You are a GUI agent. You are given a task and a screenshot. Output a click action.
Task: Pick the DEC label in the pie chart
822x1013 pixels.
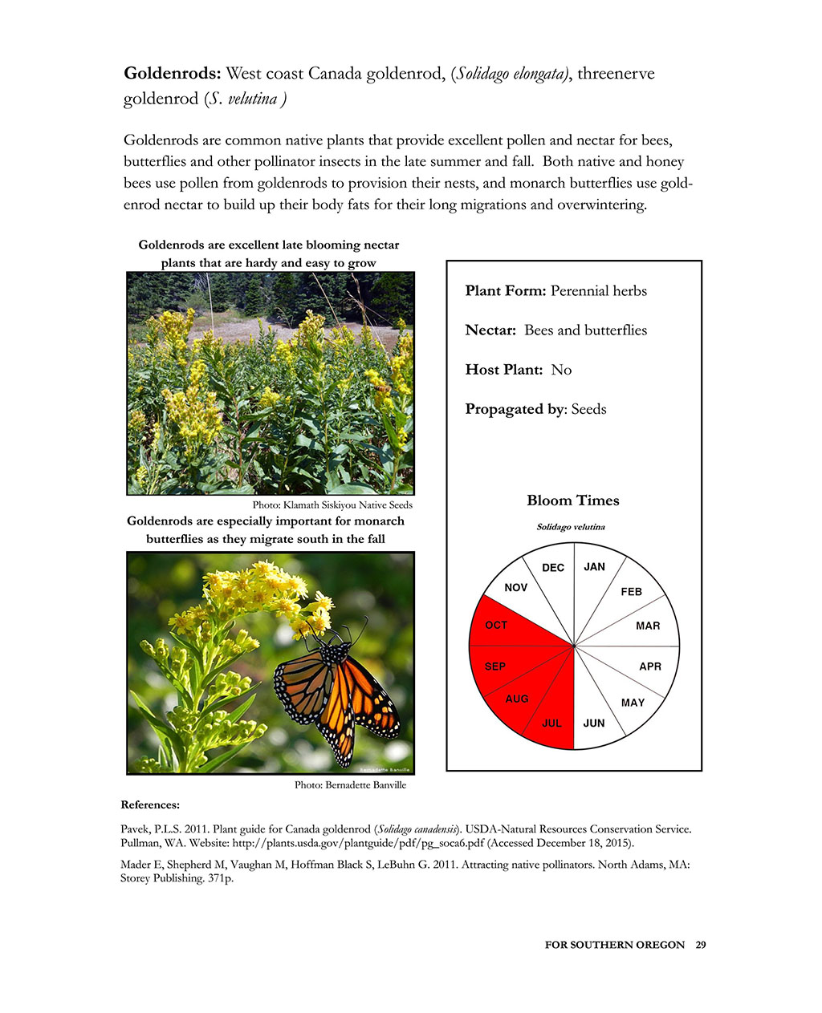[x=553, y=568]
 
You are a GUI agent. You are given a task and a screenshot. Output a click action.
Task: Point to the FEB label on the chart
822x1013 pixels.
[x=632, y=592]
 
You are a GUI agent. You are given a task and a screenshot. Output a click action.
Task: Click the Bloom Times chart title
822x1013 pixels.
[x=573, y=500]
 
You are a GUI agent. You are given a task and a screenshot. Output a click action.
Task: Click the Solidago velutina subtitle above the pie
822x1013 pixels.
[x=571, y=527]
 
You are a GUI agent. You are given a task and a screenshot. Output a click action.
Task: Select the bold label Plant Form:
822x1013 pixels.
[x=506, y=291]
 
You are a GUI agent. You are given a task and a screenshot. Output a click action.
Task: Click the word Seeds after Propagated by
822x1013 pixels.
[x=589, y=409]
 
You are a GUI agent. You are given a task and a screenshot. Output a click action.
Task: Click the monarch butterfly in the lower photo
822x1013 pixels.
[x=341, y=690]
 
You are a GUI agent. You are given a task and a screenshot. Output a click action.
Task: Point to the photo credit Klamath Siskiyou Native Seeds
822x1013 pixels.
[x=332, y=505]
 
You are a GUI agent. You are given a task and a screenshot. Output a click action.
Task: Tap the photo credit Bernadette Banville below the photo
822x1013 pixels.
[x=350, y=785]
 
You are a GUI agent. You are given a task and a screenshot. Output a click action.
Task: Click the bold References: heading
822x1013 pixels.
[x=150, y=804]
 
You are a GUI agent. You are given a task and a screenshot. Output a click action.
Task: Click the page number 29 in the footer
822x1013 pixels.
[x=701, y=945]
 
